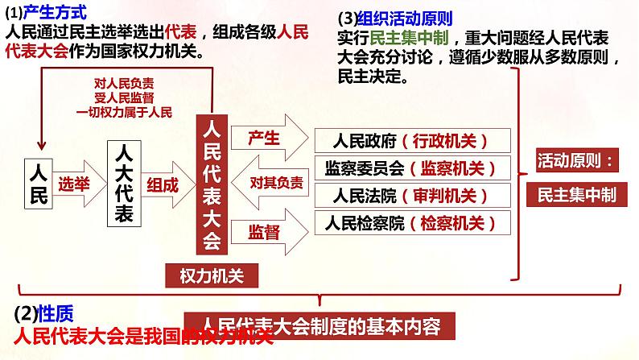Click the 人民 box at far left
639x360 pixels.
(x=39, y=183)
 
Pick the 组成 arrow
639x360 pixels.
(x=164, y=184)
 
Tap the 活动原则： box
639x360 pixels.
(x=575, y=160)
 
